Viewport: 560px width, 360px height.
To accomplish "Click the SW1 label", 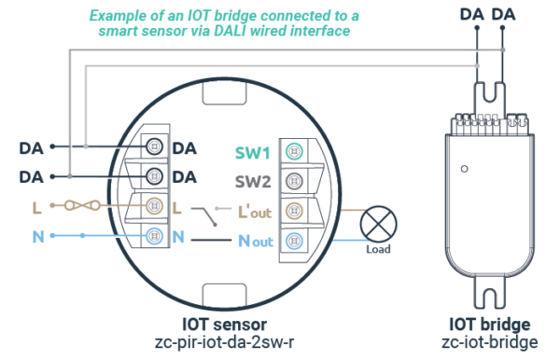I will pyautogui.click(x=252, y=152).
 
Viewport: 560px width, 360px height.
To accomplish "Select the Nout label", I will pyautogui.click(x=254, y=240).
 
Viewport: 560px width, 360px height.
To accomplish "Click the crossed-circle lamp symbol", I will pyautogui.click(x=378, y=224).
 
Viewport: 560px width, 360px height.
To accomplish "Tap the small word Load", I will pyautogui.click(x=378, y=249).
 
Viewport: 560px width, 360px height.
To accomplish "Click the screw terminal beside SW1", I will pyautogui.click(x=295, y=152).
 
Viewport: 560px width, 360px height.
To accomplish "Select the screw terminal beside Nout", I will pyautogui.click(x=295, y=239).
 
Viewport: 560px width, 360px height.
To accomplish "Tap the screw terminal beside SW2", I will pyautogui.click(x=295, y=181).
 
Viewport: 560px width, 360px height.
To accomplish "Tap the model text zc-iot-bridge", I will pyautogui.click(x=490, y=341).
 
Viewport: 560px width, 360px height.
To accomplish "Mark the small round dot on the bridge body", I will pyautogui.click(x=464, y=171).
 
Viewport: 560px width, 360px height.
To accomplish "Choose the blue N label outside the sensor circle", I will pyautogui.click(x=38, y=237).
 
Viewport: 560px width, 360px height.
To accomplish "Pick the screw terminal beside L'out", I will pyautogui.click(x=295, y=210).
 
